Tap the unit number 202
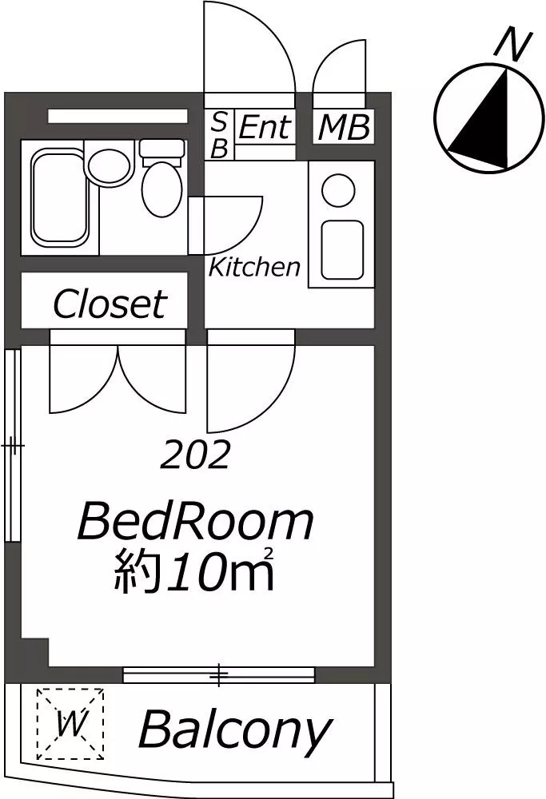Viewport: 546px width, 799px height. tap(195, 455)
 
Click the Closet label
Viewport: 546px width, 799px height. tap(110, 304)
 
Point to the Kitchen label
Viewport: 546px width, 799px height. tap(254, 267)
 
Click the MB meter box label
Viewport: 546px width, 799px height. tap(344, 127)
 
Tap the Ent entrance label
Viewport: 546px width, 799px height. tap(265, 126)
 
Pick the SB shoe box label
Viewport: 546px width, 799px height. tap(219, 135)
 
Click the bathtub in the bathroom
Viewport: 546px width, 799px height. tap(59, 197)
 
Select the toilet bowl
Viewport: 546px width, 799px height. tap(162, 189)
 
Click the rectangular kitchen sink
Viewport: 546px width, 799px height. tap(343, 249)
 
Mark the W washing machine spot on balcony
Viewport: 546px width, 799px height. tap(70, 722)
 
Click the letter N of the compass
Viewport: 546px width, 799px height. tap(514, 45)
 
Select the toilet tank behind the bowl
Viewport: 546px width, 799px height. tap(161, 149)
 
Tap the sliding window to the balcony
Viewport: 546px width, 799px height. tap(219, 674)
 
